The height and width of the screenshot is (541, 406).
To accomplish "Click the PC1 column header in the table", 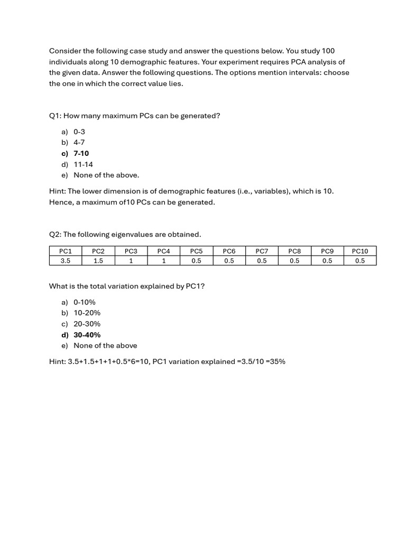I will coord(66,251).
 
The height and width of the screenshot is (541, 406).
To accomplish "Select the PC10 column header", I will coord(360,251).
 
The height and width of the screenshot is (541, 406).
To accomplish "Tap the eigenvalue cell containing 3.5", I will coord(66,260).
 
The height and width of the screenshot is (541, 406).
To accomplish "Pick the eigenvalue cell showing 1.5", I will coord(98,260).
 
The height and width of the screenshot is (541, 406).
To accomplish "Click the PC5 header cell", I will coord(196,251).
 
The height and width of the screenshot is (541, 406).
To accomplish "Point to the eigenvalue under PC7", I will coord(262,260).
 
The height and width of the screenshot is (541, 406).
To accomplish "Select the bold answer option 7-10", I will coord(81,154).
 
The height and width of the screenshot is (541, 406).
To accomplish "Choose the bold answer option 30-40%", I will coord(87,335).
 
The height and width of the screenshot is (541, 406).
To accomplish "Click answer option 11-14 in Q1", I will coord(83,164).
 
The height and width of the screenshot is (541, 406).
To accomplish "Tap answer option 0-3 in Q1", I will coord(79,132).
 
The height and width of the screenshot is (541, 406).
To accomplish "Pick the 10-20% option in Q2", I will coord(87,313).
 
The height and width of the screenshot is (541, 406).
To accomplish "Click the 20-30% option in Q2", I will coord(87,324).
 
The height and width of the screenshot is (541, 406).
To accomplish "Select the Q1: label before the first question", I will coord(55,116).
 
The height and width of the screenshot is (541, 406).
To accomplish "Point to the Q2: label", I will coord(55,234).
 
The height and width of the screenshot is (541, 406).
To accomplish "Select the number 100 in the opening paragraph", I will coord(328,51).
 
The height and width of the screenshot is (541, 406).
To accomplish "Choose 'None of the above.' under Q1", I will coord(106,175).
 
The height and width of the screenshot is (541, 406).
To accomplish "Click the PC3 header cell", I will coord(131,251).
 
